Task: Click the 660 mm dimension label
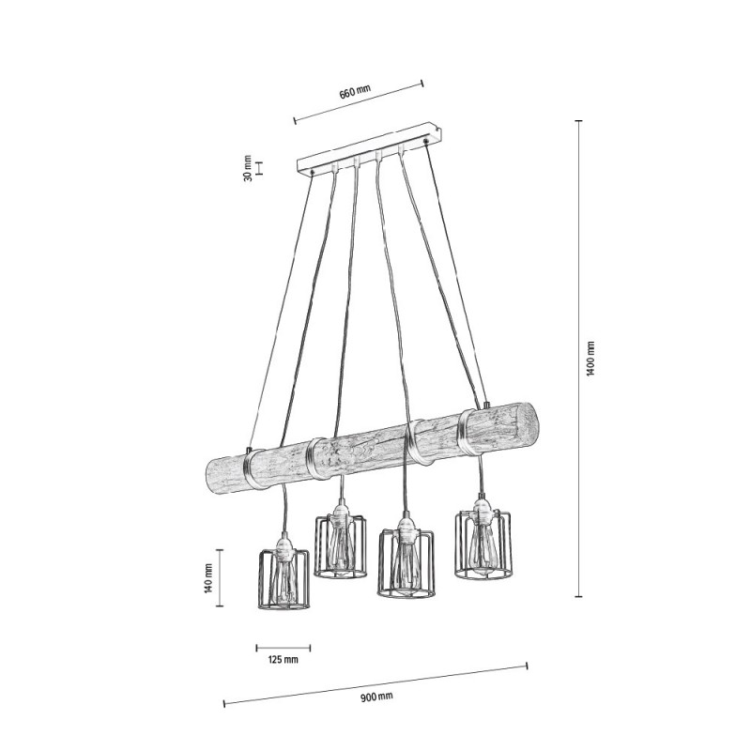coord(355,91)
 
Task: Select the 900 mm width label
coord(376,697)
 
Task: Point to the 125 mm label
coord(284,660)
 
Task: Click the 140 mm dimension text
coord(207,578)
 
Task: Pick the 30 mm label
coord(248,168)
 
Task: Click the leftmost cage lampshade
coord(284,579)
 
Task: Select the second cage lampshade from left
coord(341,545)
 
